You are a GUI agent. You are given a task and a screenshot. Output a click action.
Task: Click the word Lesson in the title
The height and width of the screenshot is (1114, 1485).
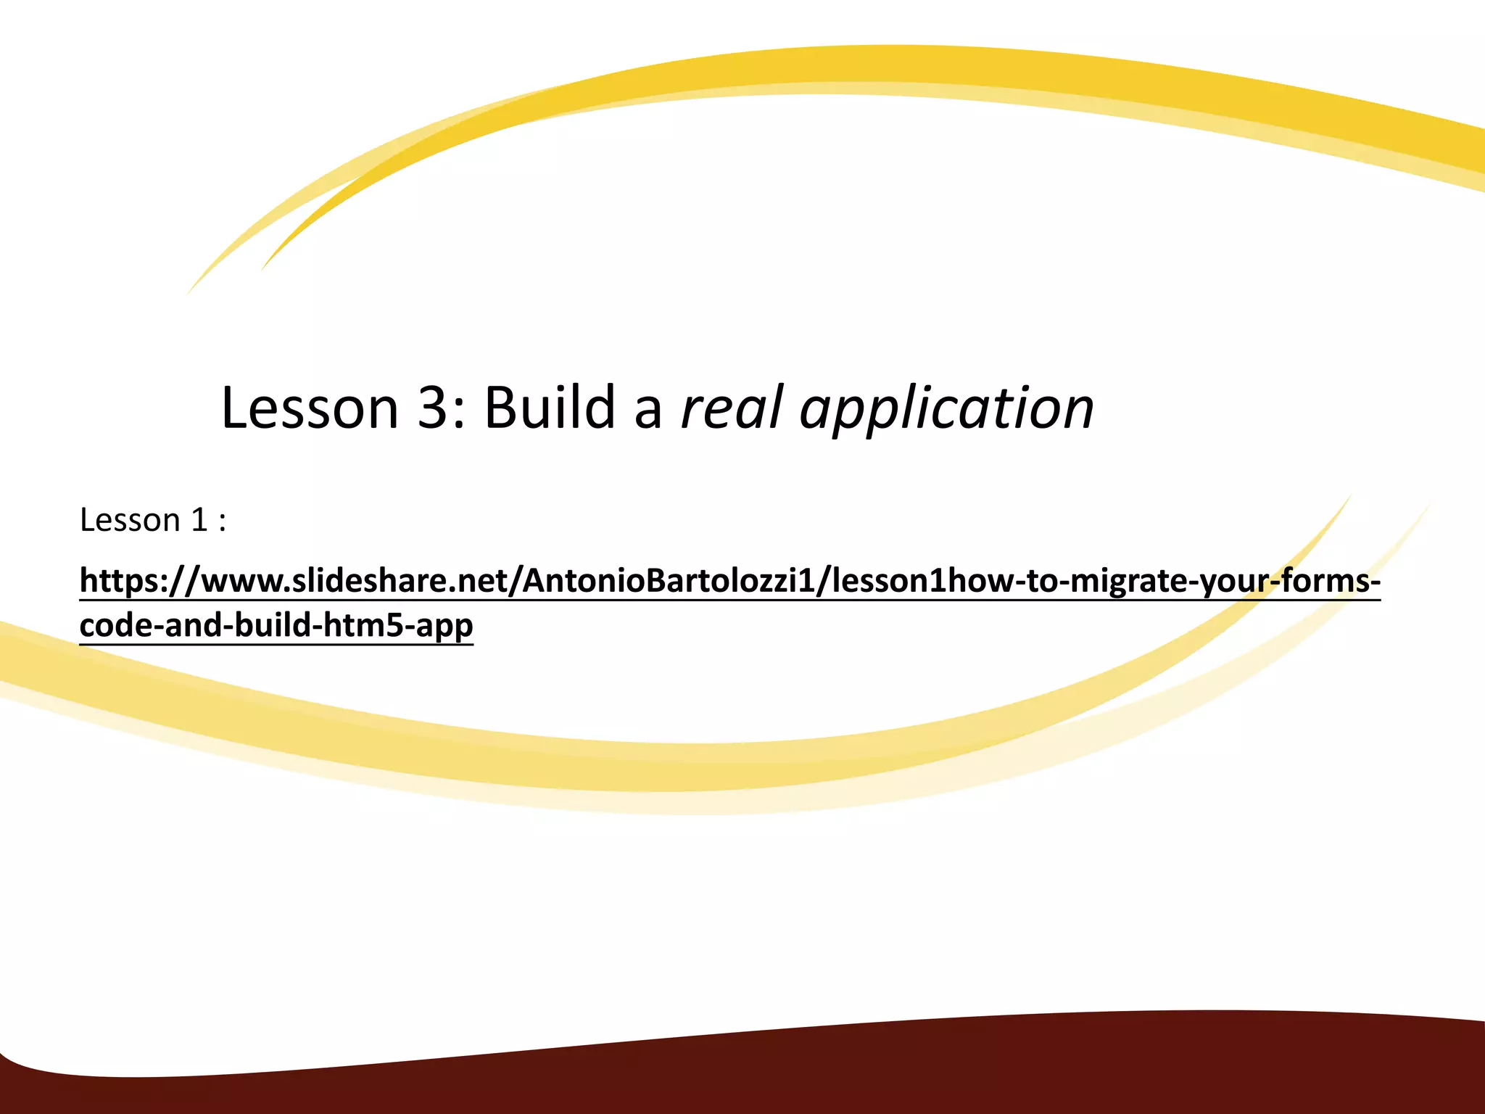tap(310, 408)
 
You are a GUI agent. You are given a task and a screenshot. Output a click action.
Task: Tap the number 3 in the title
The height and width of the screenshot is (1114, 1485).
tap(435, 408)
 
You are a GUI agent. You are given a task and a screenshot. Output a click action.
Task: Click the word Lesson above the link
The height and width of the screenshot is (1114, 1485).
tap(130, 520)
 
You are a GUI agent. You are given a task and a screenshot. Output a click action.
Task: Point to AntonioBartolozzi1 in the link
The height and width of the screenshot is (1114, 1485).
tap(669, 580)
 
